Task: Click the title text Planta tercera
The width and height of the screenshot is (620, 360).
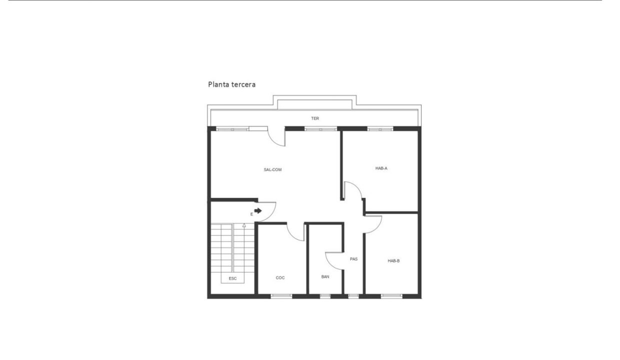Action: tap(231, 84)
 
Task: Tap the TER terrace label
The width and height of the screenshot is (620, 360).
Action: tap(315, 118)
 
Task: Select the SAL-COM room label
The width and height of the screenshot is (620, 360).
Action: tap(272, 169)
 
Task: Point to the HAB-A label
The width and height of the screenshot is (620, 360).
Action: tap(381, 168)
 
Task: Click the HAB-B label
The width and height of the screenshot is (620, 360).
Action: tap(393, 260)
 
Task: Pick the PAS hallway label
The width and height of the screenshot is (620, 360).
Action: tap(353, 259)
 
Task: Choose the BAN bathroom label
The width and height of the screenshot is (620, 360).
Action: tap(325, 276)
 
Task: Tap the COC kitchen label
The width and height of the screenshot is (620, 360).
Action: tap(280, 278)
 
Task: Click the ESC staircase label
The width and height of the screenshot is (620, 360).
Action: tap(233, 278)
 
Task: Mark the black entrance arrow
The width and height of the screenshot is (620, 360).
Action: tap(258, 211)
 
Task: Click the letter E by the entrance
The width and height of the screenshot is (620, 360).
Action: tap(251, 214)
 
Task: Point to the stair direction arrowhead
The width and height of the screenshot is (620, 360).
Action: tap(244, 225)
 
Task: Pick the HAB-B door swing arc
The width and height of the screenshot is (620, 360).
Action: tap(376, 228)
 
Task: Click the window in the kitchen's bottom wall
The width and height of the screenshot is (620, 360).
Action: tap(281, 296)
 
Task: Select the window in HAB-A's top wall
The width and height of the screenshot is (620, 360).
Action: tap(380, 129)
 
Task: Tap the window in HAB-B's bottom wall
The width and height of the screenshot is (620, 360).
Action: tap(391, 296)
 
